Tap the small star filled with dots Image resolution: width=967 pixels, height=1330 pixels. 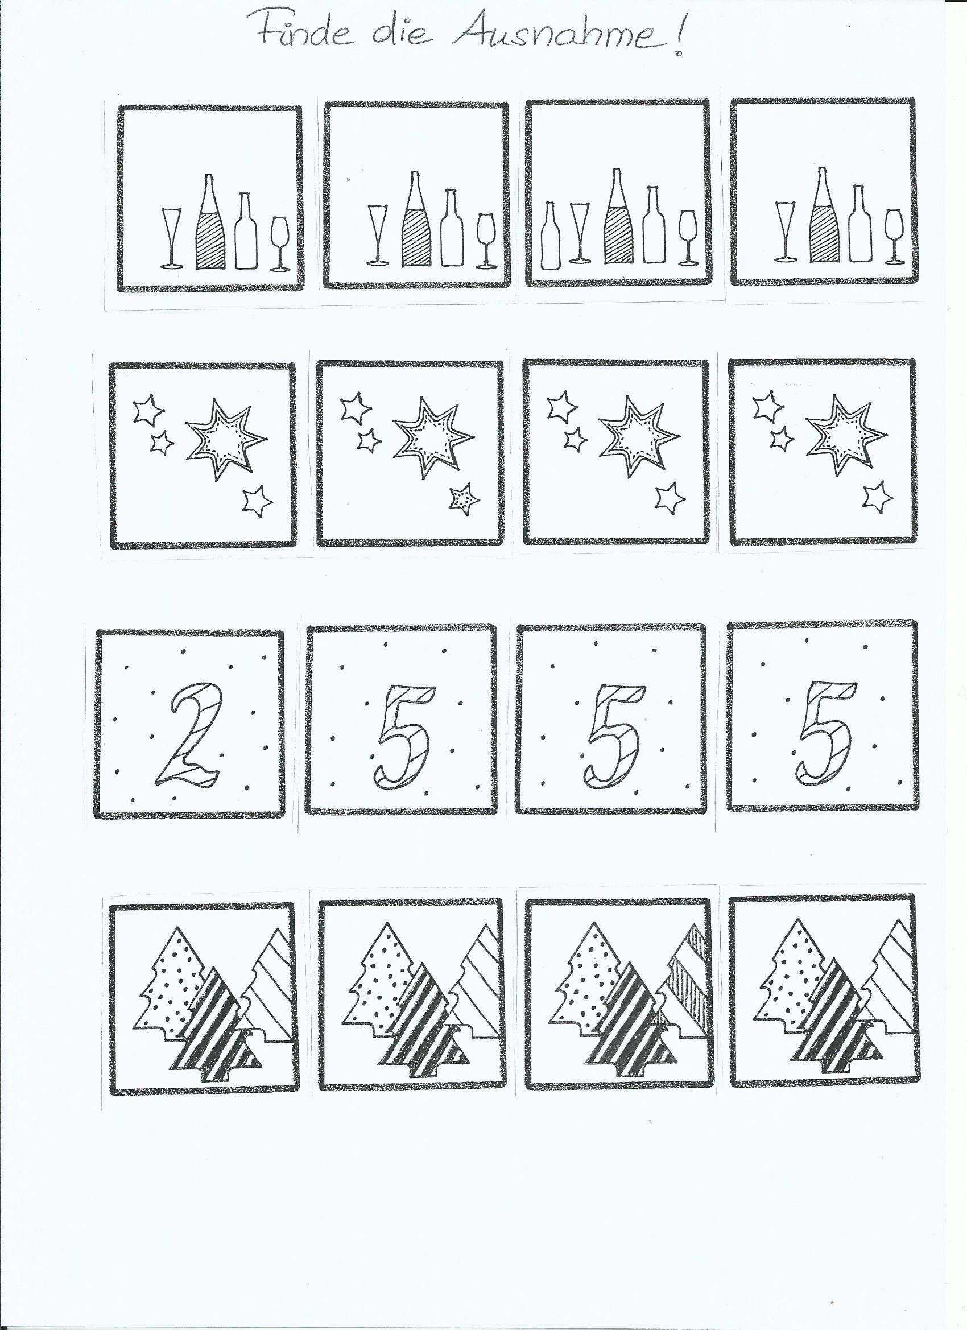click(464, 499)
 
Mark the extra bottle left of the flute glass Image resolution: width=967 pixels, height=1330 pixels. click(550, 236)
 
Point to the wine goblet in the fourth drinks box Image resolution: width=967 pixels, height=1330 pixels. click(894, 236)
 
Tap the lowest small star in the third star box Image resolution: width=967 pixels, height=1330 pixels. click(670, 498)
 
